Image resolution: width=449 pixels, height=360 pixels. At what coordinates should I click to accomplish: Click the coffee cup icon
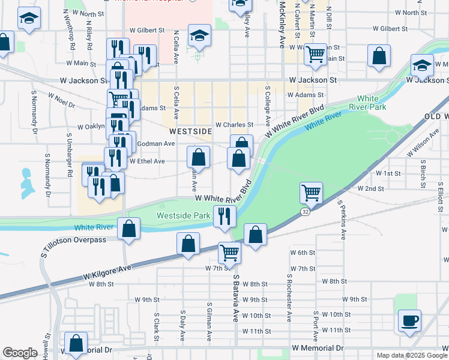[409, 320]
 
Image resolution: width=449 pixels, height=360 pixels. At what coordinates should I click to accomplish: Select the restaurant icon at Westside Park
[224, 215]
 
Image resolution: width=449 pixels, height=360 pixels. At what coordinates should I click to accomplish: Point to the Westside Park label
[184, 215]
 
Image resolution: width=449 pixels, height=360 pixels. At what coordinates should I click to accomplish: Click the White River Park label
[372, 103]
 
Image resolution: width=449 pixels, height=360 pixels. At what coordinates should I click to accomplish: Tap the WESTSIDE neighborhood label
[190, 131]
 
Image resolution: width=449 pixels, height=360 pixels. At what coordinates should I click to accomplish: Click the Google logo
[20, 353]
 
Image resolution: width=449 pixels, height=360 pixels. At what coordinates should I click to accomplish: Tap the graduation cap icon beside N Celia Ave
[199, 35]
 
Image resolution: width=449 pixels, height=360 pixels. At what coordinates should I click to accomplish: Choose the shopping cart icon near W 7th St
[229, 253]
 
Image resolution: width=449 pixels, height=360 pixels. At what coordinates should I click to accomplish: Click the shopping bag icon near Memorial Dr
[76, 344]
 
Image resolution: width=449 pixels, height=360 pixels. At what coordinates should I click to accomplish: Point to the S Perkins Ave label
[340, 220]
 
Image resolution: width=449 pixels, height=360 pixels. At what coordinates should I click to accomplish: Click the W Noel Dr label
[61, 99]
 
